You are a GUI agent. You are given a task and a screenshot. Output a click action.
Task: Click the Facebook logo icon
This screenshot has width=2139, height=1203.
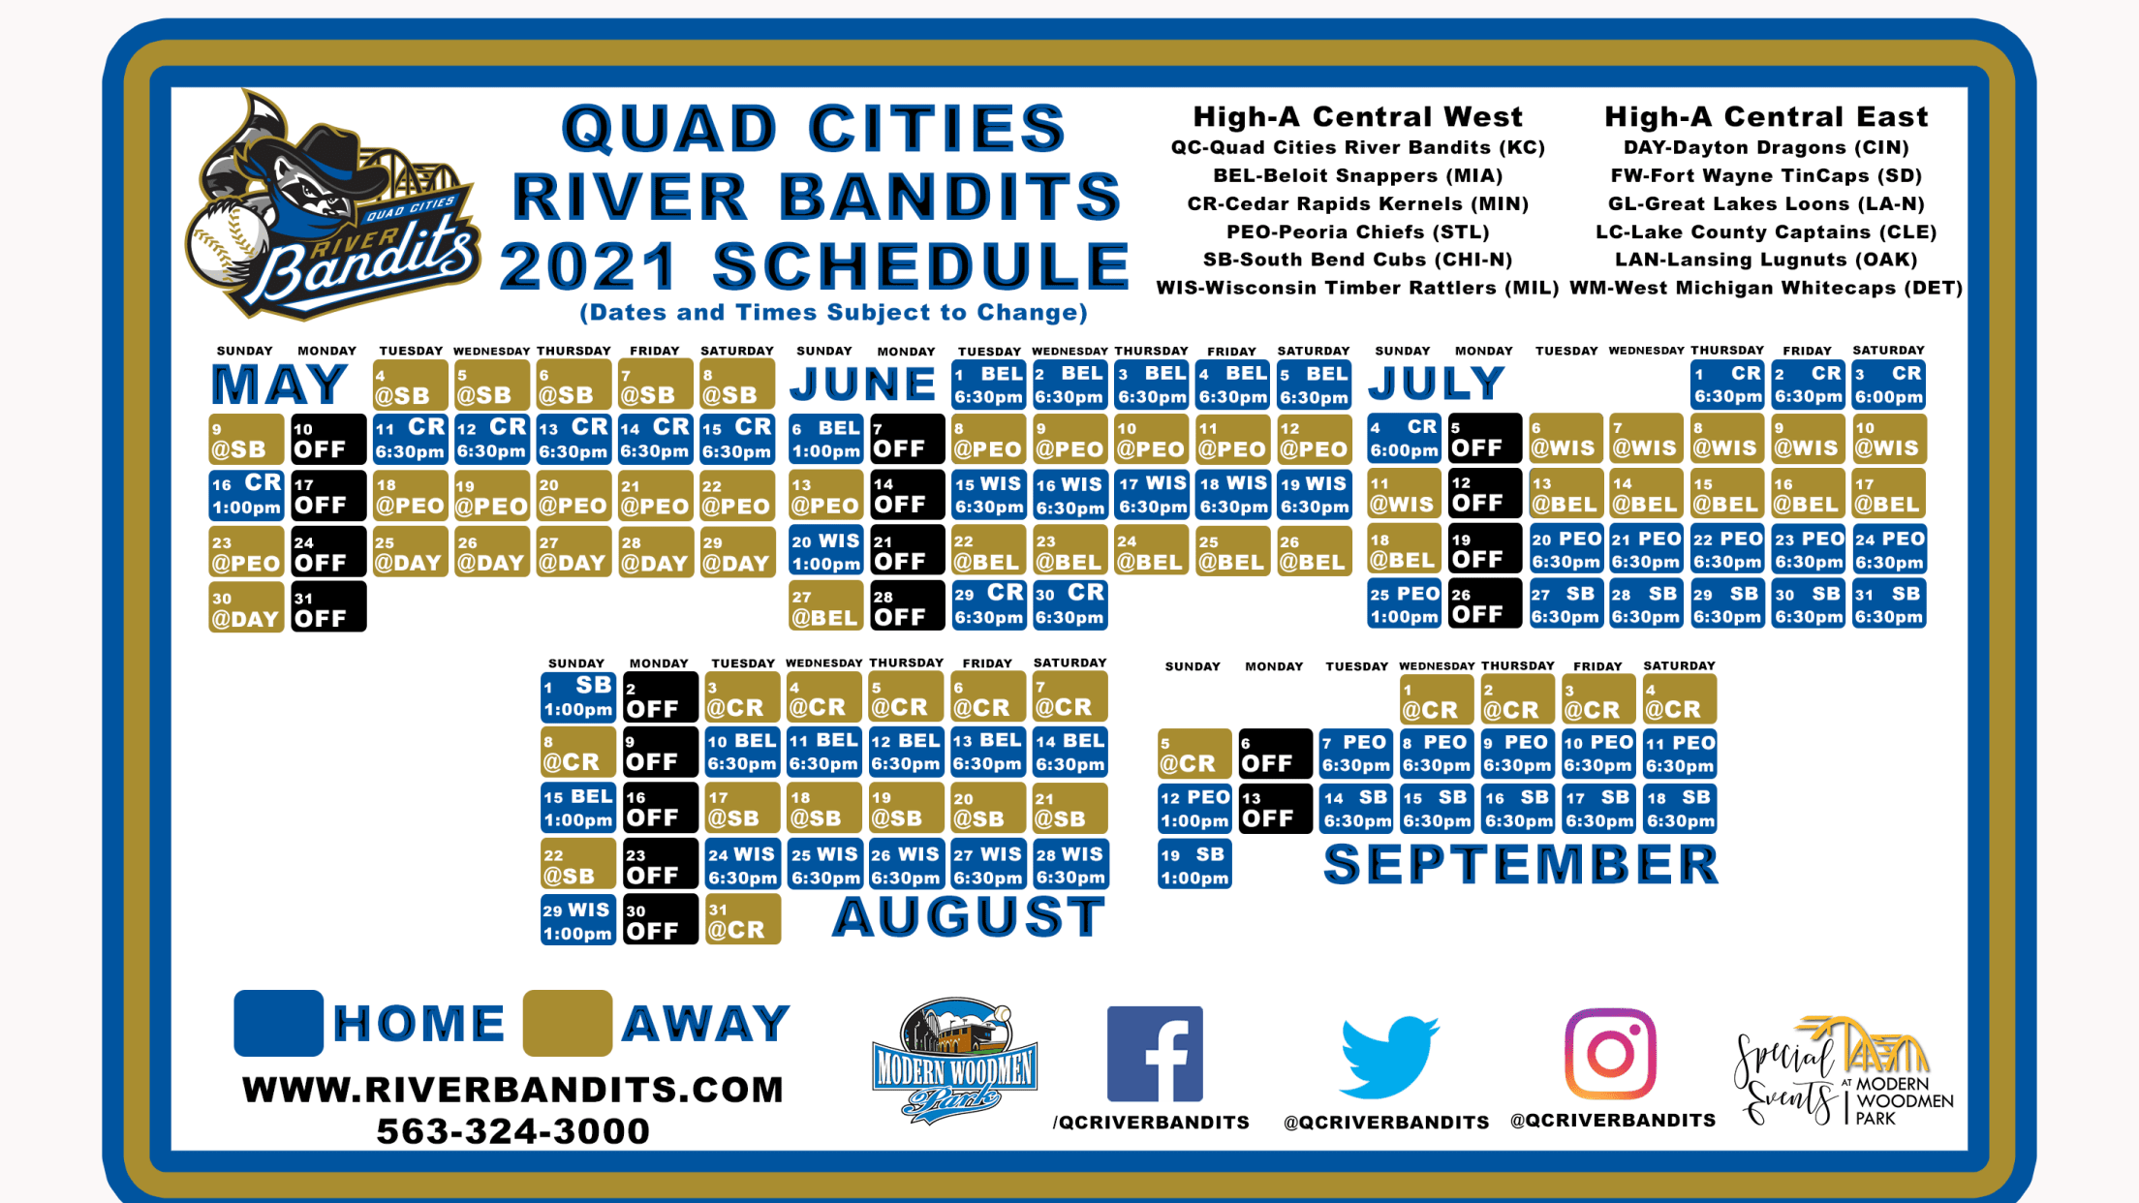(x=1155, y=1054)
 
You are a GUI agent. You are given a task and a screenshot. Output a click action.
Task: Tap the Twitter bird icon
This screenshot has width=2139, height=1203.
(x=1389, y=1057)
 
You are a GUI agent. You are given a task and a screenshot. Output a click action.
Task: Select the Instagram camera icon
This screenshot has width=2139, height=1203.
(x=1610, y=1054)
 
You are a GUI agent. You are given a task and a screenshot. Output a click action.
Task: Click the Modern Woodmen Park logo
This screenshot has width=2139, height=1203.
(x=954, y=1062)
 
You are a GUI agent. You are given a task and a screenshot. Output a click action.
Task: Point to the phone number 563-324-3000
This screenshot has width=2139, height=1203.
(x=512, y=1131)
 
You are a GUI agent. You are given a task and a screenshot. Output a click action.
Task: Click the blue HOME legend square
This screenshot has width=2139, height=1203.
(x=278, y=1023)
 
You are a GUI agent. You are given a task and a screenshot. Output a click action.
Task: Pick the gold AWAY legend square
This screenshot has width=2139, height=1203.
(x=567, y=1023)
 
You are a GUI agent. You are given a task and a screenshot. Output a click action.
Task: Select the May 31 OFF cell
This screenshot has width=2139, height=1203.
(x=328, y=607)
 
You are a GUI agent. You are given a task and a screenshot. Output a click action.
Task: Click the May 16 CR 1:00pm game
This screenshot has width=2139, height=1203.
(x=247, y=495)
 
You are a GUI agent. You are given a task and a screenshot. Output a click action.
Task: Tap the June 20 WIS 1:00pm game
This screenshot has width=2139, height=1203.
(x=825, y=551)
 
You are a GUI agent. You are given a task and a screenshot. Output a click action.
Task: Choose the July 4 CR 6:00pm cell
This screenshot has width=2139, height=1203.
(x=1404, y=439)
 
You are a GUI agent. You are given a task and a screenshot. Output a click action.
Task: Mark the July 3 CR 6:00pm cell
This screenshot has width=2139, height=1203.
(x=1888, y=385)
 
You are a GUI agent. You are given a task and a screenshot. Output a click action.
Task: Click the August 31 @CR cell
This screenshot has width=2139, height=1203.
(x=742, y=919)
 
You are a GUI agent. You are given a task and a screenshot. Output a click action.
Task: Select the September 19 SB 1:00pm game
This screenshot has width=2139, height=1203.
(x=1194, y=864)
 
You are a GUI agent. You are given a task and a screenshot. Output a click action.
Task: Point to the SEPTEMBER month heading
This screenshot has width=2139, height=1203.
(x=1521, y=864)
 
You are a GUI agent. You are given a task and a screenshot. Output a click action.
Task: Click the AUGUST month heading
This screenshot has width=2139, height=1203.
(x=969, y=916)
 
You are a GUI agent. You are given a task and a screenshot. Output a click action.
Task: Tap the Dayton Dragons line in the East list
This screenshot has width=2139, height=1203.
(x=1766, y=147)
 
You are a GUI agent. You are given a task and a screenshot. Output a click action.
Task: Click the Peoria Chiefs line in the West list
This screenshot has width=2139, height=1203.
(x=1357, y=231)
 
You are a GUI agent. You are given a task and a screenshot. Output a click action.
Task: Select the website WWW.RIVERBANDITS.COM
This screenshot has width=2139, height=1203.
(x=512, y=1090)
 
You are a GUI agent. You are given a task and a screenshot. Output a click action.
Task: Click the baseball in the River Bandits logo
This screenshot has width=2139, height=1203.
(x=229, y=242)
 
